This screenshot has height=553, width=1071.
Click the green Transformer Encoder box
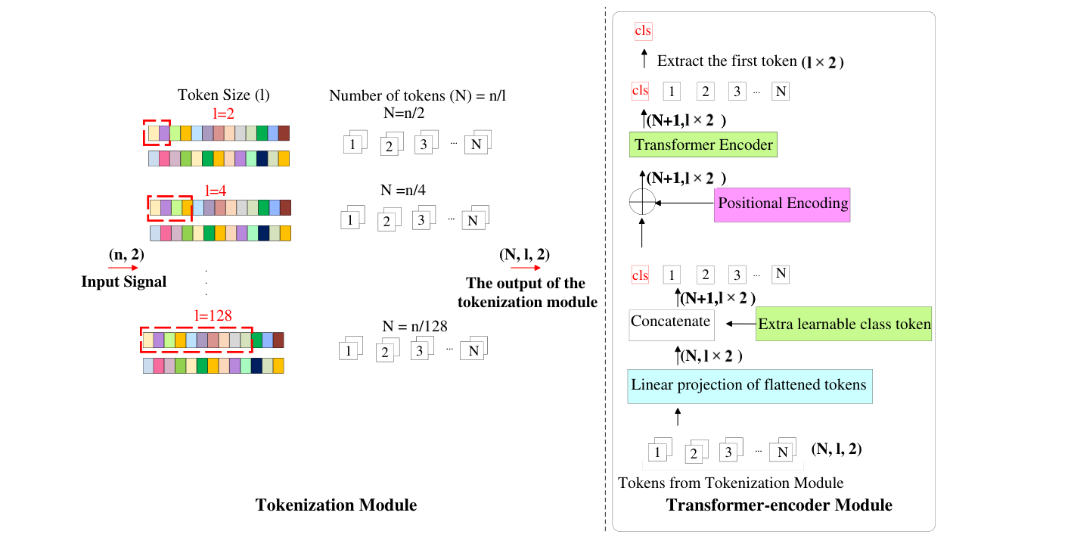[x=703, y=144]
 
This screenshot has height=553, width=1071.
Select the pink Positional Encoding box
[x=782, y=204]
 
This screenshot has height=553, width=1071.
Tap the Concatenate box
[x=671, y=322]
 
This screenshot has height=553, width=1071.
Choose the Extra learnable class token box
[x=844, y=325]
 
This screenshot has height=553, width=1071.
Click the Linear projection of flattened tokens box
[x=749, y=386]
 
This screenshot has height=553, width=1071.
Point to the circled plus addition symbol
[x=642, y=203]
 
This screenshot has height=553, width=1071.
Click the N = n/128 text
[x=414, y=328]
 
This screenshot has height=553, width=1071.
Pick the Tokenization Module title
[x=336, y=505]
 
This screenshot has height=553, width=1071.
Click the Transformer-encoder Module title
[x=779, y=505]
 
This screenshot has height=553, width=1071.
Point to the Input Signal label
[x=124, y=282]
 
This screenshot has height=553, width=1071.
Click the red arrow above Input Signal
[x=124, y=268]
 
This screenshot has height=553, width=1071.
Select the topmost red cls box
[x=643, y=31]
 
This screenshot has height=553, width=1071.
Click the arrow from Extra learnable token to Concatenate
[x=741, y=324]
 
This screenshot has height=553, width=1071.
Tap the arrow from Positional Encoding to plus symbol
[x=685, y=203]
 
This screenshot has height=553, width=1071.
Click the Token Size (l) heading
[x=223, y=95]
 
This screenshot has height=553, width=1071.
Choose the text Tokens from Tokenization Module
[x=731, y=483]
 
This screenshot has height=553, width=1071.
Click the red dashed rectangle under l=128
[x=197, y=340]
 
